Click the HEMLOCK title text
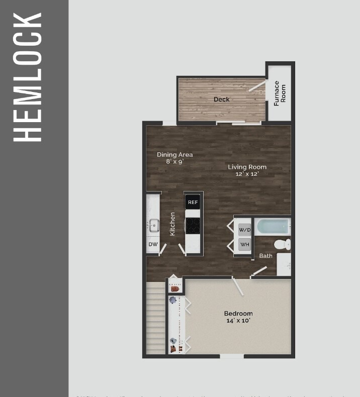pos(27,76)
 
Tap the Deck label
pos(221,99)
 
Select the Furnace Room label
pos(280,93)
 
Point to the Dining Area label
pos(174,155)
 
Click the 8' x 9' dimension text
pos(174,162)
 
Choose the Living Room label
pos(247,167)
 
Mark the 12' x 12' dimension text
pos(247,174)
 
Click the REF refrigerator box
pos(193,203)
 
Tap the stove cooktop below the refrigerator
pos(193,225)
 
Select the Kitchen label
pos(172,224)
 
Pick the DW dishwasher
pos(152,245)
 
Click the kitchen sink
pos(153,224)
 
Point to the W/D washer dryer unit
pos(244,230)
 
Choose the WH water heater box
pos(244,245)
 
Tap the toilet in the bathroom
pos(282,245)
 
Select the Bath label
pos(265,256)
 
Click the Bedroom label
pos(238,314)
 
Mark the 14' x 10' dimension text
pos(238,321)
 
